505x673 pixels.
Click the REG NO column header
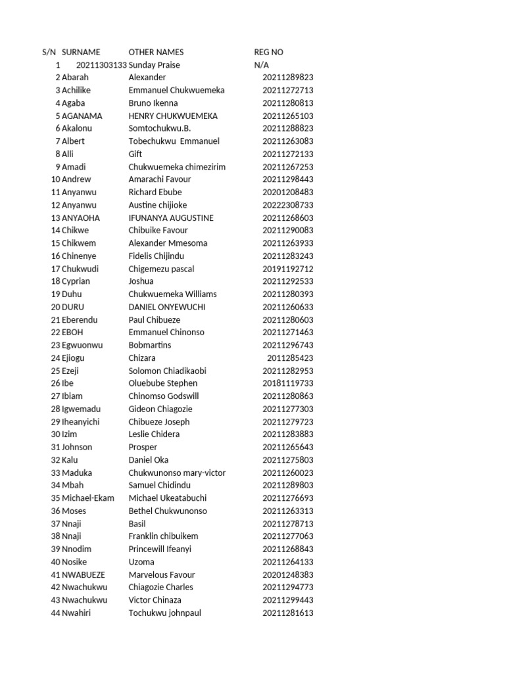tap(268, 52)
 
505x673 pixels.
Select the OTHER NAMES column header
tap(156, 52)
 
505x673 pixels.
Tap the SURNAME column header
tap(81, 52)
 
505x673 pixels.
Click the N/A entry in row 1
tap(262, 65)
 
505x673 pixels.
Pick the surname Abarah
tap(76, 78)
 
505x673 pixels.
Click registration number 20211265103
tap(288, 116)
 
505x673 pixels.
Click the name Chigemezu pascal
tap(161, 269)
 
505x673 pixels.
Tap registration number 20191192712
tap(288, 269)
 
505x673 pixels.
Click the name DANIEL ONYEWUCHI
tap(167, 307)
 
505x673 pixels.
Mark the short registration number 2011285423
tap(290, 358)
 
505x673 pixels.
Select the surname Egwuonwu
tap(82, 345)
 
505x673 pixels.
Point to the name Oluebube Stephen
tap(163, 383)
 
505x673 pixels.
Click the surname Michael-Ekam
tap(88, 498)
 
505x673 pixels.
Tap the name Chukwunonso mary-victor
tap(177, 473)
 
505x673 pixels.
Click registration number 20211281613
tap(288, 613)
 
